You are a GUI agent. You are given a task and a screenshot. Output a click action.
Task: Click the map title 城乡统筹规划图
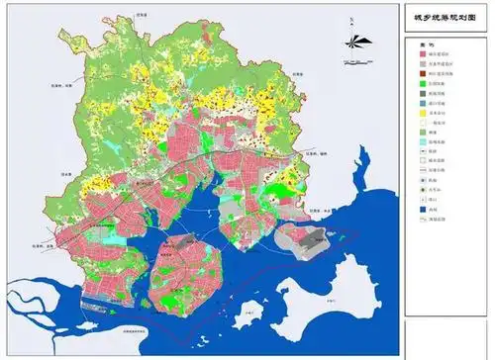[443, 18]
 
